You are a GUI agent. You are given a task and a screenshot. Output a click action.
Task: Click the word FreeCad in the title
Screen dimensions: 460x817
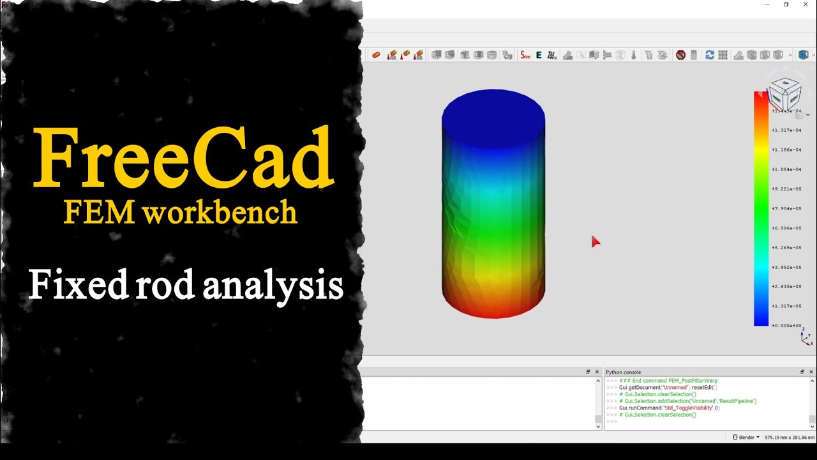coord(184,158)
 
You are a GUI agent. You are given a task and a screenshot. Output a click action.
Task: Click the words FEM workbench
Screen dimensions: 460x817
coord(181,213)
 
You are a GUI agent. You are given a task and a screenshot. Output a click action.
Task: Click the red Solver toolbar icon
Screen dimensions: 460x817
coord(525,56)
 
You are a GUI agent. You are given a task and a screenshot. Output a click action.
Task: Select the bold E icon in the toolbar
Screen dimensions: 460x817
coord(539,56)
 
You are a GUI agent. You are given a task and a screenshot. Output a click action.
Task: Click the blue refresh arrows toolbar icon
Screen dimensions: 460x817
coord(709,56)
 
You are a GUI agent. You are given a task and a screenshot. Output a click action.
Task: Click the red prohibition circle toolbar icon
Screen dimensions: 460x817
coord(680,56)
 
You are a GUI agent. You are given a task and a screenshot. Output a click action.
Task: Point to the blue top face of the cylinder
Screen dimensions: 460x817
coord(493,117)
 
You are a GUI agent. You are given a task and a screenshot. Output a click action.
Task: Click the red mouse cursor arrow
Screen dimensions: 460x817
coord(595,241)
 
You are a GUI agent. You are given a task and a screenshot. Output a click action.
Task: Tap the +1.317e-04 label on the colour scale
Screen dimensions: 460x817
coord(786,130)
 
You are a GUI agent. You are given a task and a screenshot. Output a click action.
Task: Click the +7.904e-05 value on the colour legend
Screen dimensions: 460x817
coord(786,208)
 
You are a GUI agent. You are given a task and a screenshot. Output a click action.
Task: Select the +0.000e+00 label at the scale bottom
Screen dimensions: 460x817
coord(786,326)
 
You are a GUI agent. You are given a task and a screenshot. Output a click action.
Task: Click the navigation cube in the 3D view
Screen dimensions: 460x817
coord(784,95)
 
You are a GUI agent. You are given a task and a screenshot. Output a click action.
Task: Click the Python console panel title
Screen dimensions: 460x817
coord(624,372)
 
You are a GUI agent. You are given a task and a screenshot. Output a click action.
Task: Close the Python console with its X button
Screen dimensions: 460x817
coord(811,372)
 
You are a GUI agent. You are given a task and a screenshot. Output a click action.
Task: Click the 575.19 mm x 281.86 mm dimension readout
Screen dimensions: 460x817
coord(789,438)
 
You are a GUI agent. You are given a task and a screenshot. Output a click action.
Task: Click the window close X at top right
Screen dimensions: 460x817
coord(806,4)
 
